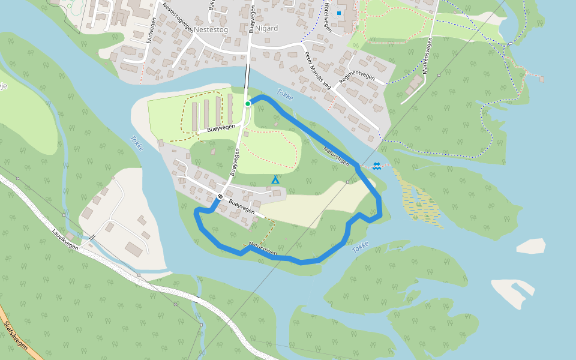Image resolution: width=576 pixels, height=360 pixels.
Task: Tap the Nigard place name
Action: pos(266,28)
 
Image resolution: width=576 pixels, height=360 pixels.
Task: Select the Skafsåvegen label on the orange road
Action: pos(14,336)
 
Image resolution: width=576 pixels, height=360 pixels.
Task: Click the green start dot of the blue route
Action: pos(247,104)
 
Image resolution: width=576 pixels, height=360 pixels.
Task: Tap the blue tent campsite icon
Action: pos(275,179)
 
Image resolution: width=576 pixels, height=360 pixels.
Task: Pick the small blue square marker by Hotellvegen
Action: pos(339,13)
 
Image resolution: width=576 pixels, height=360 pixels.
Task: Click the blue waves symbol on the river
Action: pos(377,166)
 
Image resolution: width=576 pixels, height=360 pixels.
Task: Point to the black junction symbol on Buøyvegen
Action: pos(220,196)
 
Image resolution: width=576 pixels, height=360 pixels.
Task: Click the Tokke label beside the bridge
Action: pos(285,94)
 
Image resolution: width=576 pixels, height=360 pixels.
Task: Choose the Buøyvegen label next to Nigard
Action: pos(253,18)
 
